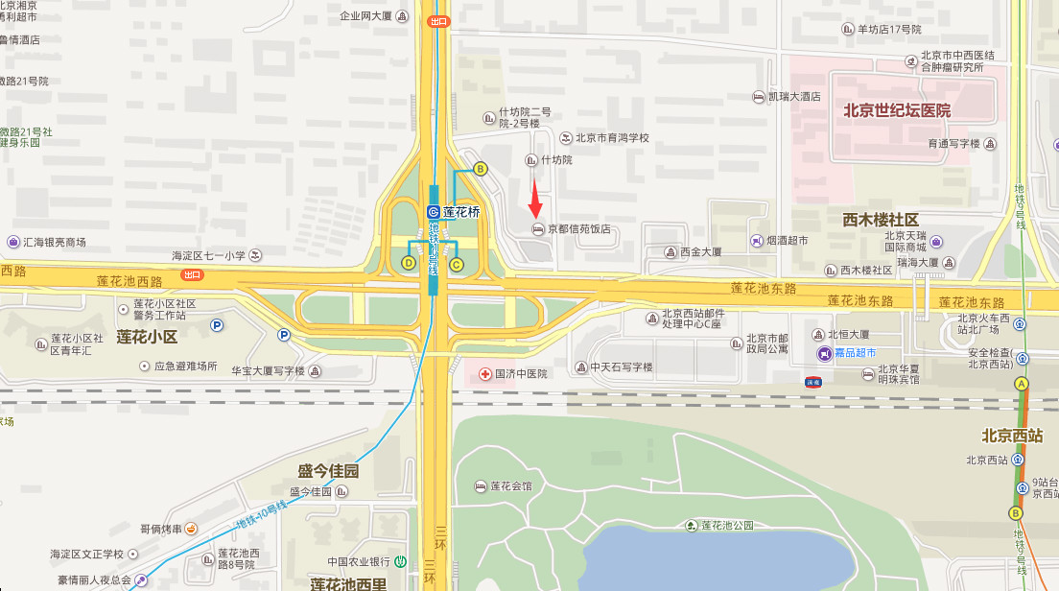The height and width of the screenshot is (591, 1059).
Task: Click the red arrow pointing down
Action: click(536, 199)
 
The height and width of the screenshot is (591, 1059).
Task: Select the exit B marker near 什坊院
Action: click(481, 169)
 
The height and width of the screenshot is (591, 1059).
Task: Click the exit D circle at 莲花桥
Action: click(409, 263)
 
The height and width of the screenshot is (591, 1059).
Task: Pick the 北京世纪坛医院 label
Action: click(897, 110)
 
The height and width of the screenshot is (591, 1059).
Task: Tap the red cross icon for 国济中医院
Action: click(485, 373)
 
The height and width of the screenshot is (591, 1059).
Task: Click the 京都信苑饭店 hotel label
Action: click(578, 229)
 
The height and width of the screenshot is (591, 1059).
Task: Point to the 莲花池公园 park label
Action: click(728, 525)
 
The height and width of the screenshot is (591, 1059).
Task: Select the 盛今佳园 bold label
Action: click(328, 471)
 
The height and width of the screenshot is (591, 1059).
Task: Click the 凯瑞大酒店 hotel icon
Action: click(759, 97)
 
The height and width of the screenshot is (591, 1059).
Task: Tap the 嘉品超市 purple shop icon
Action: click(824, 354)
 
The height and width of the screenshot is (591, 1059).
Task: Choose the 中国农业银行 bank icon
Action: click(402, 561)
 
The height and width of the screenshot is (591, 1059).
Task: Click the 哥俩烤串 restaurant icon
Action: click(191, 529)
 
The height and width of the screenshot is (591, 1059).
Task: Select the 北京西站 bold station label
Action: click(1012, 435)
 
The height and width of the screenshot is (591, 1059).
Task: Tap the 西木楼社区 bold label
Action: click(881, 220)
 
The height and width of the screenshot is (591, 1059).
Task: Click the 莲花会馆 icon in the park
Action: click(481, 486)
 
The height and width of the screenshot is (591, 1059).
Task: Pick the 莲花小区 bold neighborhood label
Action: click(147, 337)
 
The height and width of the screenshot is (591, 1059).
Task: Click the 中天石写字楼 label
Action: click(621, 367)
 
